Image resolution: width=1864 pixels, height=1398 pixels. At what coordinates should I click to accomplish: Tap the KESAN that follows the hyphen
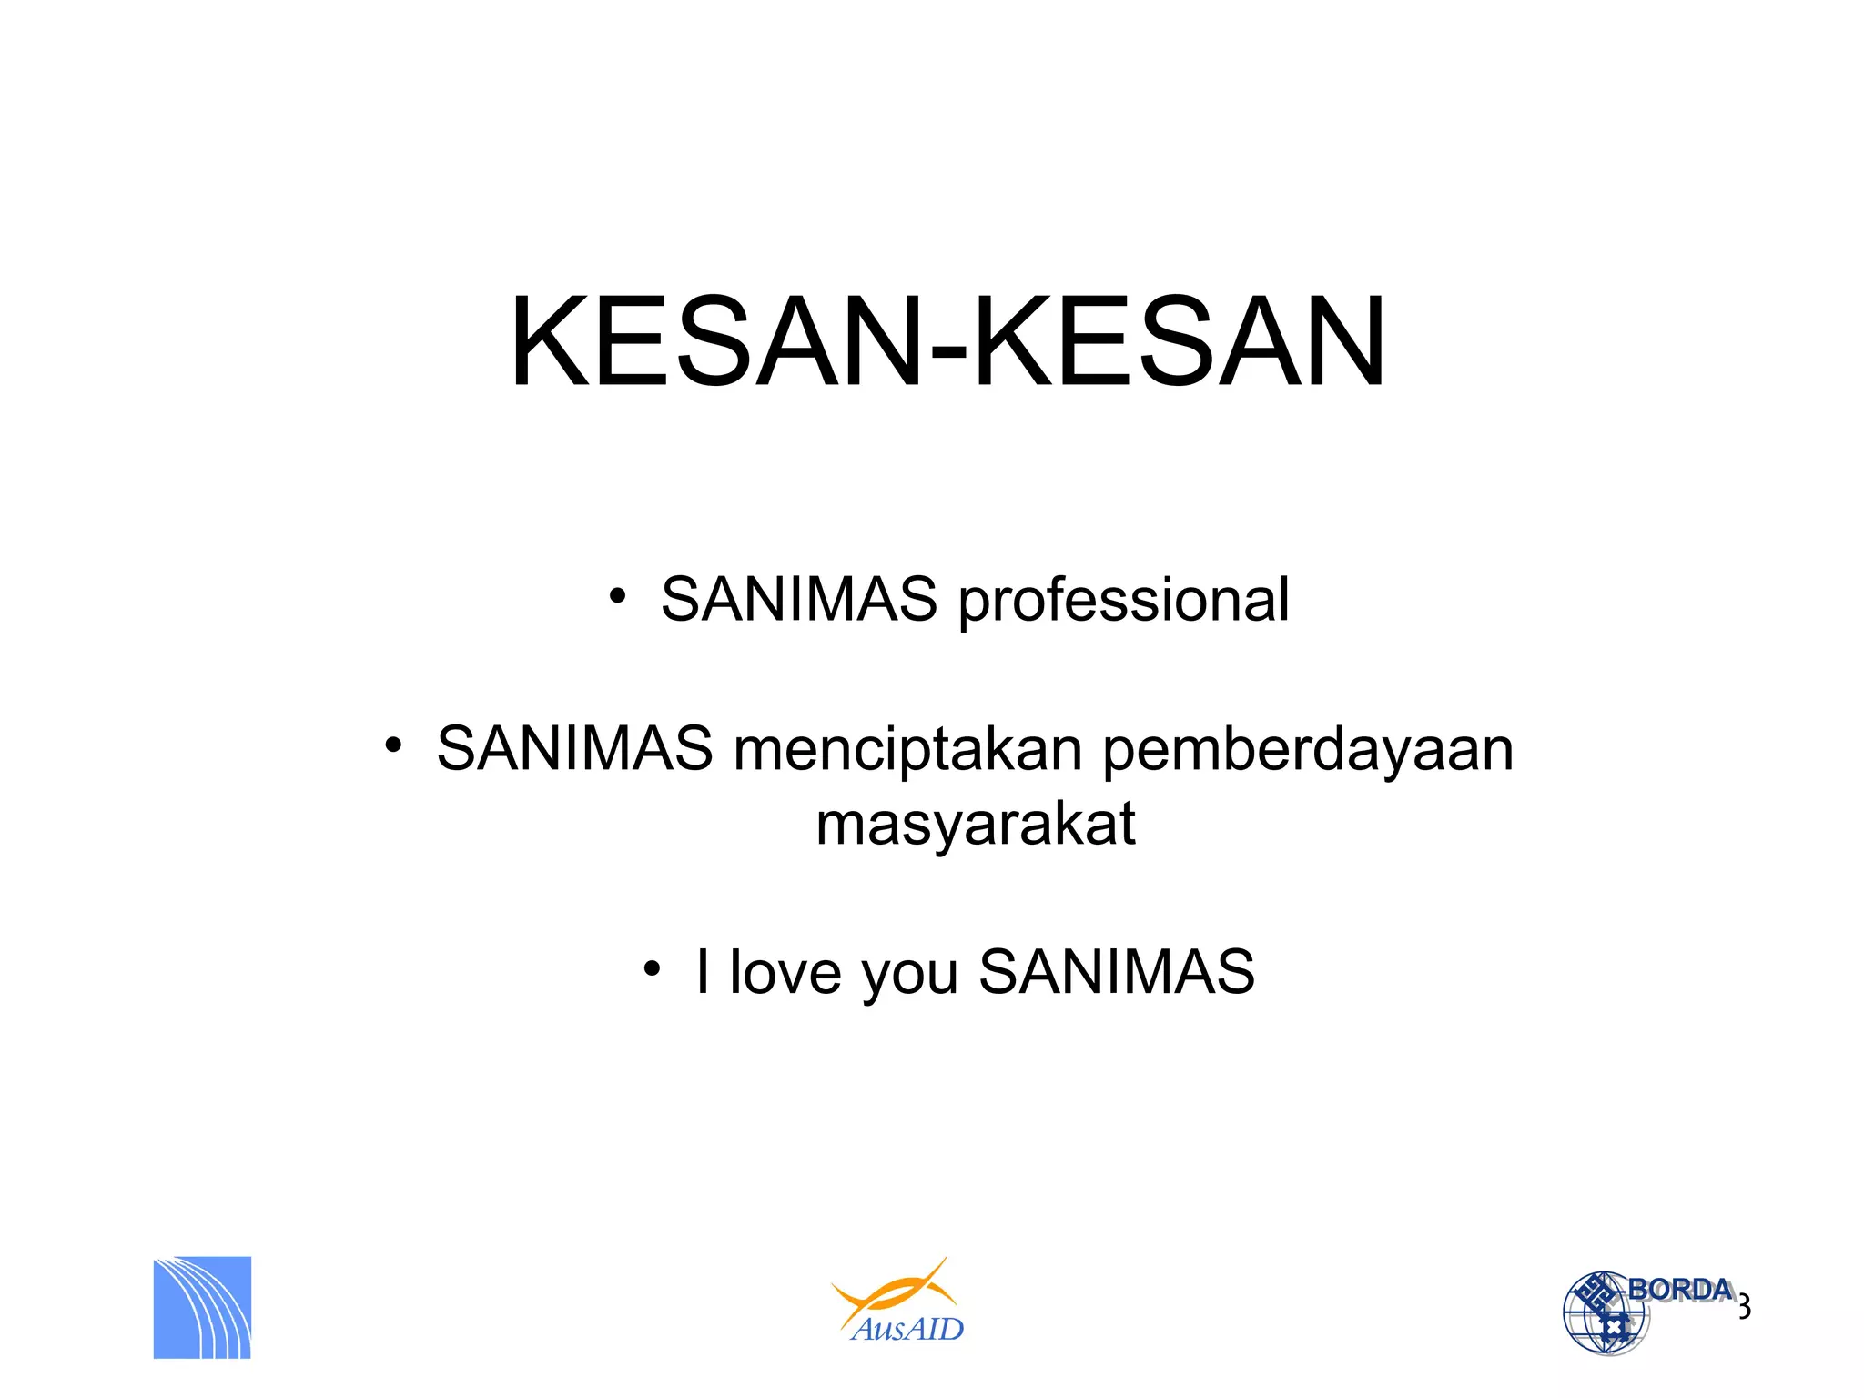1179,342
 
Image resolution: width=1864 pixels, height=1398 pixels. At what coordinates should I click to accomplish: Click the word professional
1123,601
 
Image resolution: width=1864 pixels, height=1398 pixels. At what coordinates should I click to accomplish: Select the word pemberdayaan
1308,752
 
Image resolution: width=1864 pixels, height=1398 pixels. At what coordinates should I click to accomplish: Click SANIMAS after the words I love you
1116,971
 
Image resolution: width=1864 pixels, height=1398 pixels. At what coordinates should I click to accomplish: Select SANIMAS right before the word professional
798,600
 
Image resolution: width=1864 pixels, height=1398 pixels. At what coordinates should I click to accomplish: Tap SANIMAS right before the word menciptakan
574,749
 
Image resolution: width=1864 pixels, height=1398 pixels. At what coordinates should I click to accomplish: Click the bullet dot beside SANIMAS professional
617,596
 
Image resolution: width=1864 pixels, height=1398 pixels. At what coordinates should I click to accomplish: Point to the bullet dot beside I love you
651,968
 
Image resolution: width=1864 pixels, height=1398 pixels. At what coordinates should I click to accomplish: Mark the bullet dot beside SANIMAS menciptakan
393,745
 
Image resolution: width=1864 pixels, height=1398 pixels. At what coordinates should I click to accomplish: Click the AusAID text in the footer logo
907,1329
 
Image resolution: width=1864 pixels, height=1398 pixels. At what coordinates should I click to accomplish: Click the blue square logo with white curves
202,1308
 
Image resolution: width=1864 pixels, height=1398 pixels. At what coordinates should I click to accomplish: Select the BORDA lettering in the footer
1679,1289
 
